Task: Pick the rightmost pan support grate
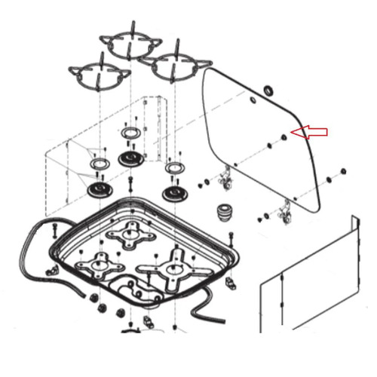tap(178, 69)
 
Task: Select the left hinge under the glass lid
tap(223, 179)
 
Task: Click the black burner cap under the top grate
tap(131, 159)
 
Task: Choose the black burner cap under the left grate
tap(98, 189)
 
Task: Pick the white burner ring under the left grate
tap(98, 164)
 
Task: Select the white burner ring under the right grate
tap(174, 167)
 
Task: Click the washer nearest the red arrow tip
tap(284, 137)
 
